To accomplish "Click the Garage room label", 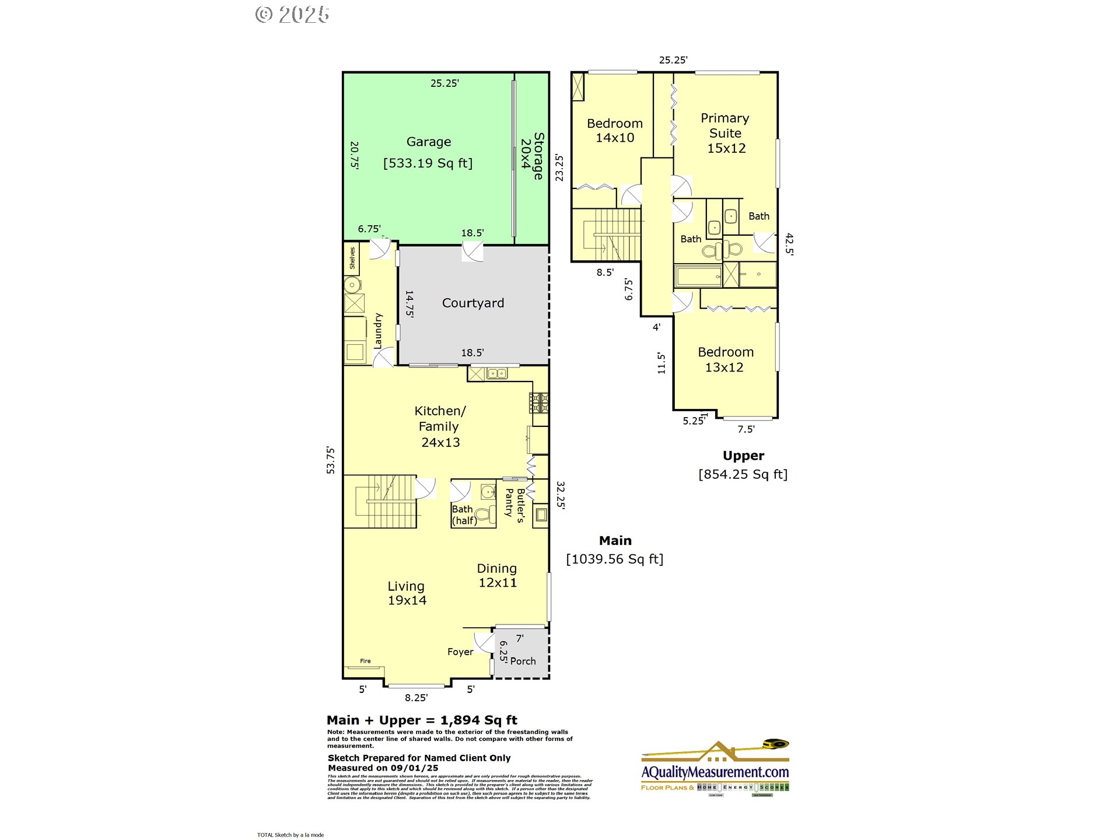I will point(428,142).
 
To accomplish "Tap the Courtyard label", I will point(473,303).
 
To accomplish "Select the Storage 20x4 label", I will point(532,155).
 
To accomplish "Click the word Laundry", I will point(378,331).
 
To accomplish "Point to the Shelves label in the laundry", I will point(352,258).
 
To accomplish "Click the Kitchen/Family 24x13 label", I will point(440,426).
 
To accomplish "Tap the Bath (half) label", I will point(464,514).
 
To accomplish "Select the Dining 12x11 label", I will point(497,575).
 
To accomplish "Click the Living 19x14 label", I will point(407,593).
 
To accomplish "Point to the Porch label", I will point(523,661).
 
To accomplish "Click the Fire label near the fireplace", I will point(365,661).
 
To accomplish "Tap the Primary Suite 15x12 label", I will point(725,133).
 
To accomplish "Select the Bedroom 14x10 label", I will point(615,131).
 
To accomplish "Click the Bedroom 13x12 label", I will point(725,359).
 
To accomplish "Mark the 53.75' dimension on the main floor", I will point(331,460).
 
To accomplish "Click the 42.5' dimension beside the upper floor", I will point(789,244).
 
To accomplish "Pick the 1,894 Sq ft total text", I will point(478,720).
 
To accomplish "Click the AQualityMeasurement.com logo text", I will point(715,772).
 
